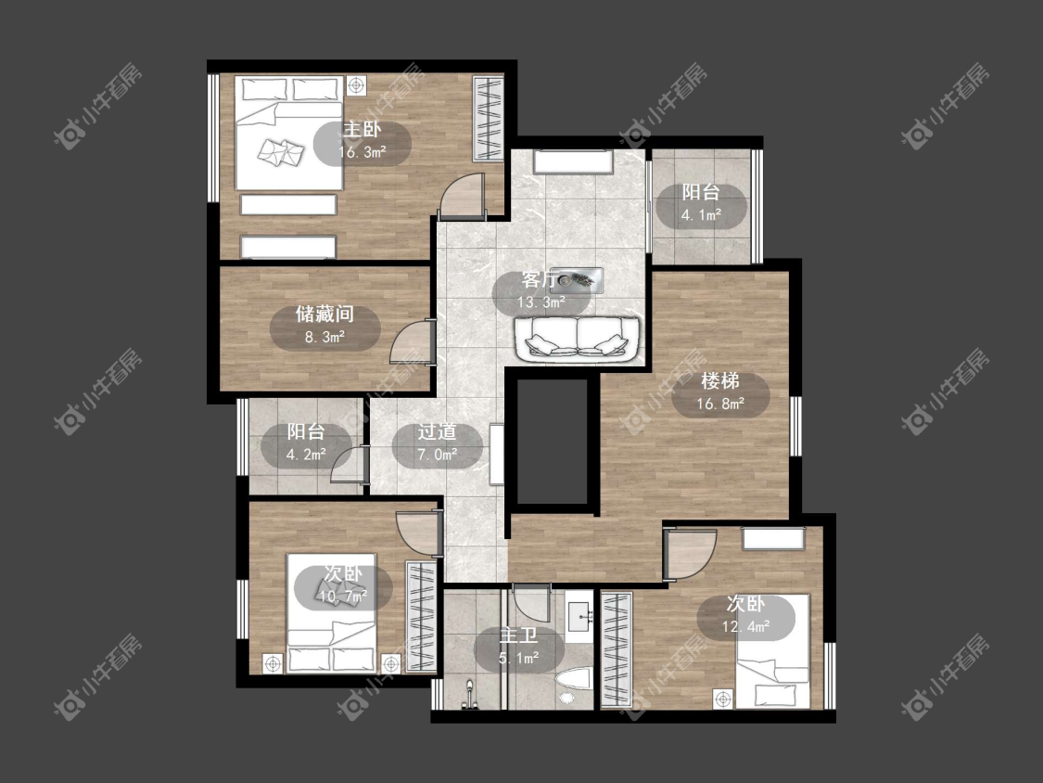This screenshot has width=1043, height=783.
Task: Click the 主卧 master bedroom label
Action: click(x=362, y=129)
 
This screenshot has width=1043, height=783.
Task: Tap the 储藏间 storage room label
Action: click(x=324, y=314)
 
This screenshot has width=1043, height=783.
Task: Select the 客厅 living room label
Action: click(x=541, y=279)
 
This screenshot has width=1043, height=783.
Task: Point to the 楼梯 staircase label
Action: click(x=720, y=381)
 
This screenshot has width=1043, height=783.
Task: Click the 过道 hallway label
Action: click(x=437, y=432)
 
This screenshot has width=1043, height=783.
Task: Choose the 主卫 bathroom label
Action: click(x=519, y=635)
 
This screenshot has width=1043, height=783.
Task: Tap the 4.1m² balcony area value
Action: click(x=701, y=215)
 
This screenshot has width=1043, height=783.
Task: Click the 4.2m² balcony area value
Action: click(x=306, y=455)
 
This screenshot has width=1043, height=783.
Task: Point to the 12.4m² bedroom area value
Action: click(x=745, y=626)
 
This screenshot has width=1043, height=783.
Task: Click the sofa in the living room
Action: click(x=577, y=340)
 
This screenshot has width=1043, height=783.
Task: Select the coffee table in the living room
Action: click(x=577, y=280)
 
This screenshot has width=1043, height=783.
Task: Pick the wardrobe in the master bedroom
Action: click(x=488, y=119)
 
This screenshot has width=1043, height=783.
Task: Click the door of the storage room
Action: click(x=413, y=341)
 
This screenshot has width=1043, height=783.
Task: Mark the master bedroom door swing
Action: click(x=463, y=196)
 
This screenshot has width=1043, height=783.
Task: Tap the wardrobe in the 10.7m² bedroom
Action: click(x=421, y=617)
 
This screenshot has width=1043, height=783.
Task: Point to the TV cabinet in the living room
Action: click(x=573, y=162)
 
